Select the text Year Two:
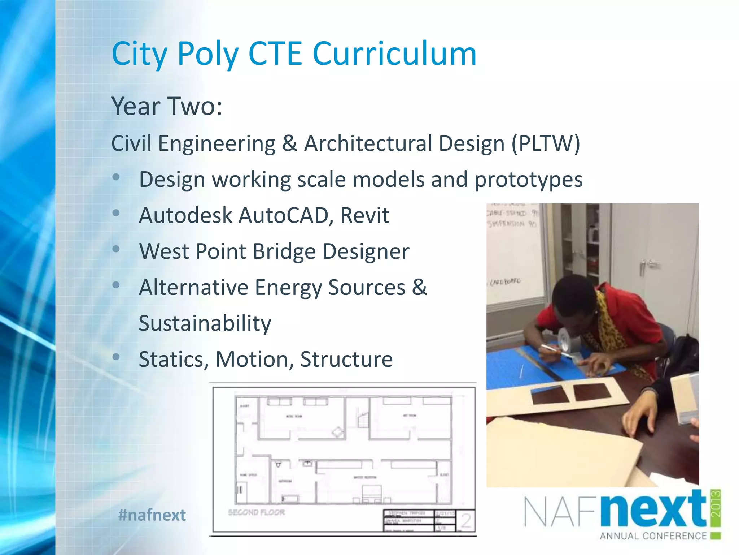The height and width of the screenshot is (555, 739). [x=167, y=106]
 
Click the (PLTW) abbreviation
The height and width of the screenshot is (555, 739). [x=546, y=143]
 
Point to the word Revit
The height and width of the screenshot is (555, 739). [x=365, y=215]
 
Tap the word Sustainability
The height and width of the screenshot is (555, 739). [x=205, y=323]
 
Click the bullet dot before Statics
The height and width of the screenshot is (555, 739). [x=116, y=357]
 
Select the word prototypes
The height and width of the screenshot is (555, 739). [x=528, y=180]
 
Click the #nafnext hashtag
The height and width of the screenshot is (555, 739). [x=152, y=515]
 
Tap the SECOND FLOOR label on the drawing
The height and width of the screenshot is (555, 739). [x=257, y=512]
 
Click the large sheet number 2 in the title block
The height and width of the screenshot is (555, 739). [x=466, y=521]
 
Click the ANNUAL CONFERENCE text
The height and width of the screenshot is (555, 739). [x=653, y=536]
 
